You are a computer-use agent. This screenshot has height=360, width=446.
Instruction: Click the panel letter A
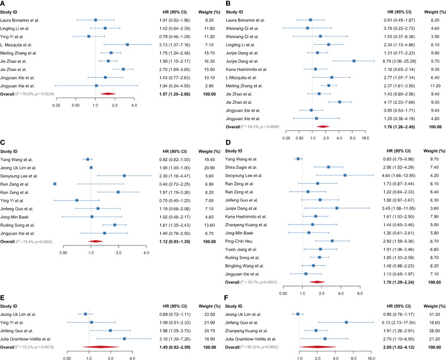(x=2, y=3)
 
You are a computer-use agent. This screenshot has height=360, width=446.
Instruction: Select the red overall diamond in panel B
(x=323, y=126)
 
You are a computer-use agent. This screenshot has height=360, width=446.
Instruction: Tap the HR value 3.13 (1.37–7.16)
(x=175, y=45)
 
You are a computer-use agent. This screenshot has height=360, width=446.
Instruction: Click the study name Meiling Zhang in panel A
(x=19, y=53)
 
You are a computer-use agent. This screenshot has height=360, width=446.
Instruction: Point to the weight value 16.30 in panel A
(x=209, y=61)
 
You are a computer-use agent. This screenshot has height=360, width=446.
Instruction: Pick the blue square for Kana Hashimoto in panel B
(x=315, y=69)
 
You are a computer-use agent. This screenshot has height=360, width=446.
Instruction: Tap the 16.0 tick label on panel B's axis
(x=365, y=138)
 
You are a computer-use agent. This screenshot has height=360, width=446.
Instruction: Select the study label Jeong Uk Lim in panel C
(x=19, y=168)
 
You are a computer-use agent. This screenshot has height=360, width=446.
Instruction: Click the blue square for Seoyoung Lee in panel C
(x=124, y=176)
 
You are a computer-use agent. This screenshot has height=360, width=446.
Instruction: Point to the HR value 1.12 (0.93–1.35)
(x=175, y=242)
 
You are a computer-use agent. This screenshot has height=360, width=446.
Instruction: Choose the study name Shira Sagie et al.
(x=241, y=167)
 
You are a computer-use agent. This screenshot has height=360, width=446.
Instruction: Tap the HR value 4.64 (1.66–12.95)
(x=398, y=176)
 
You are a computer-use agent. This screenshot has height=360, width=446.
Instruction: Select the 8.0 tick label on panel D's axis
(x=360, y=294)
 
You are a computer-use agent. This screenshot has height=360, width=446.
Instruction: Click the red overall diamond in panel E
(x=100, y=347)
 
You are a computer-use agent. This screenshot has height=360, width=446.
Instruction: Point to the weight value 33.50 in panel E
(x=209, y=315)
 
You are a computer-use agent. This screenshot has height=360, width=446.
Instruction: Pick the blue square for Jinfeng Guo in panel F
(x=346, y=323)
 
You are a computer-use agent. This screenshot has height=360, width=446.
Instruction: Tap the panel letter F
(x=227, y=298)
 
